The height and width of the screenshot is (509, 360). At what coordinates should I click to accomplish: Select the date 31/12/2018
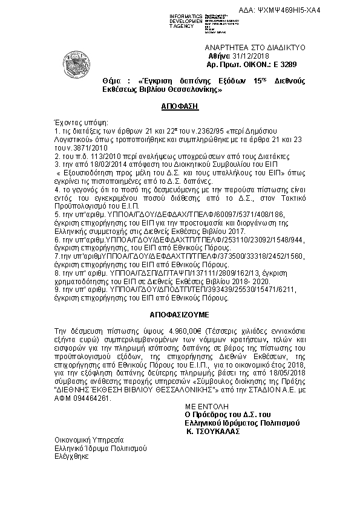click(x=243, y=56)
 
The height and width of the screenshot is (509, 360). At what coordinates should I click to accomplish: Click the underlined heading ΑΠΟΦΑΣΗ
click(x=162, y=105)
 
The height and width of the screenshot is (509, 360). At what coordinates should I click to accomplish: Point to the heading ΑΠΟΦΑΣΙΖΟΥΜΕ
click(x=175, y=316)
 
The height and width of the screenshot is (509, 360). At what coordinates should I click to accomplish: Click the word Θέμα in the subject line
click(x=113, y=81)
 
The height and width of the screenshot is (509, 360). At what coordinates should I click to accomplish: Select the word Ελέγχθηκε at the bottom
click(x=71, y=458)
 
